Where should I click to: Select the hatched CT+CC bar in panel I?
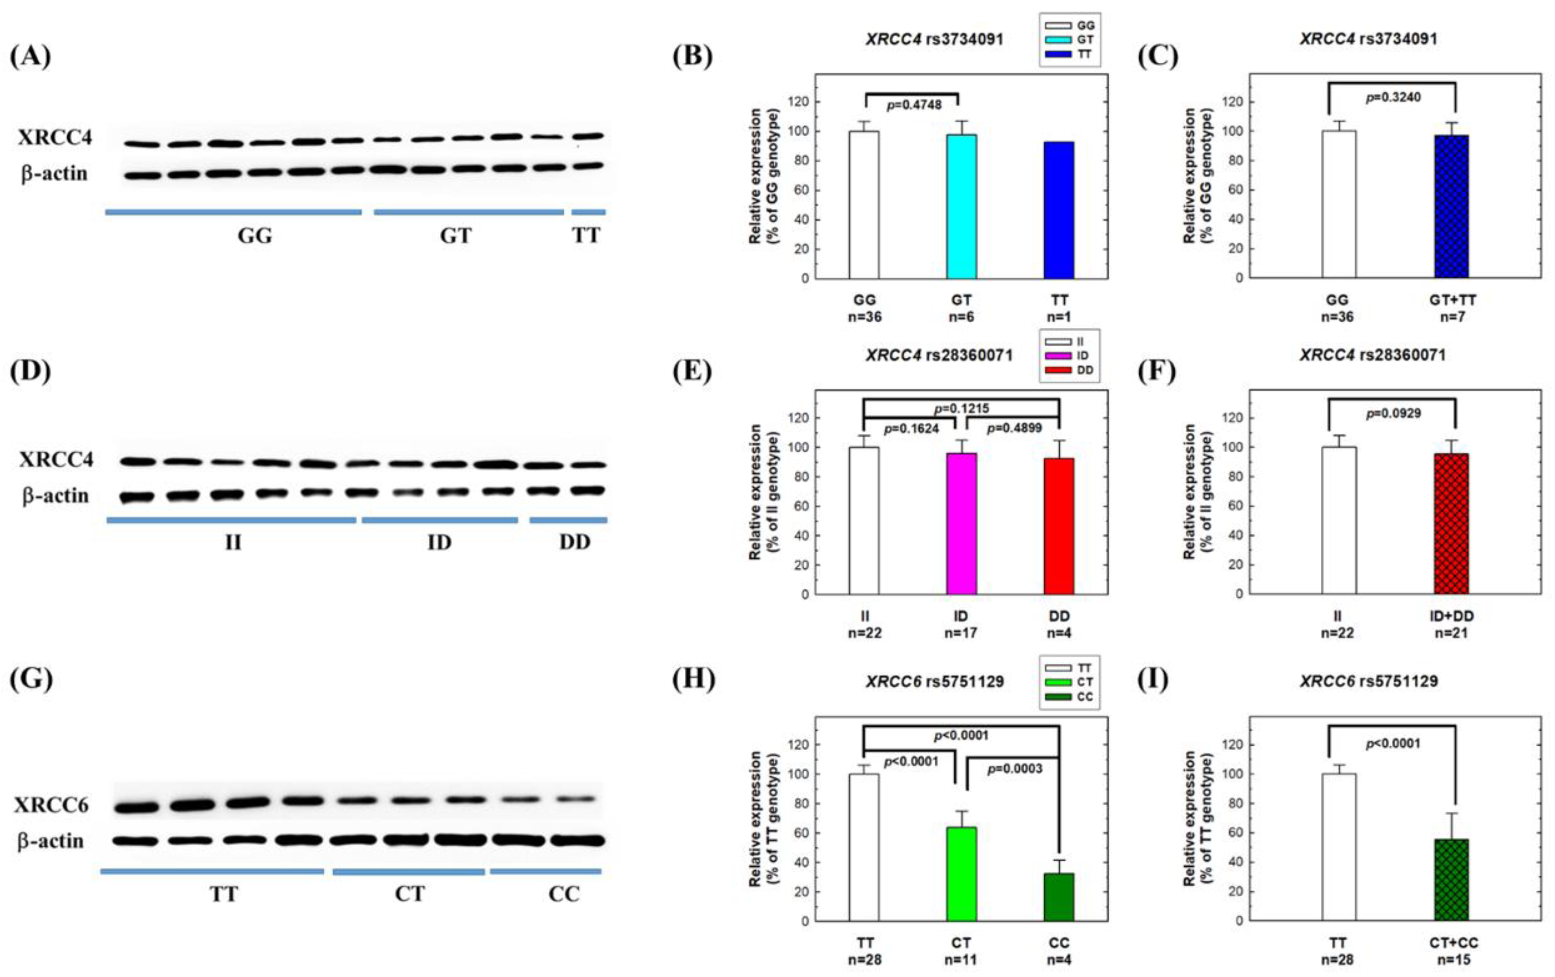tap(1451, 880)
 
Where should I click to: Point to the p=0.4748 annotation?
tap(913, 105)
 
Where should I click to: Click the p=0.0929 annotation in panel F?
tap(1393, 413)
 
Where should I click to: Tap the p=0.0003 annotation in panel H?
tap(1015, 769)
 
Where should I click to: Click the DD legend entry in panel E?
tap(1085, 370)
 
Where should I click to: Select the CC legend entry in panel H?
tap(1085, 697)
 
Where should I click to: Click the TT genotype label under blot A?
tap(586, 235)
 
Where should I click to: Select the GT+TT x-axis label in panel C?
tap(1452, 300)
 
